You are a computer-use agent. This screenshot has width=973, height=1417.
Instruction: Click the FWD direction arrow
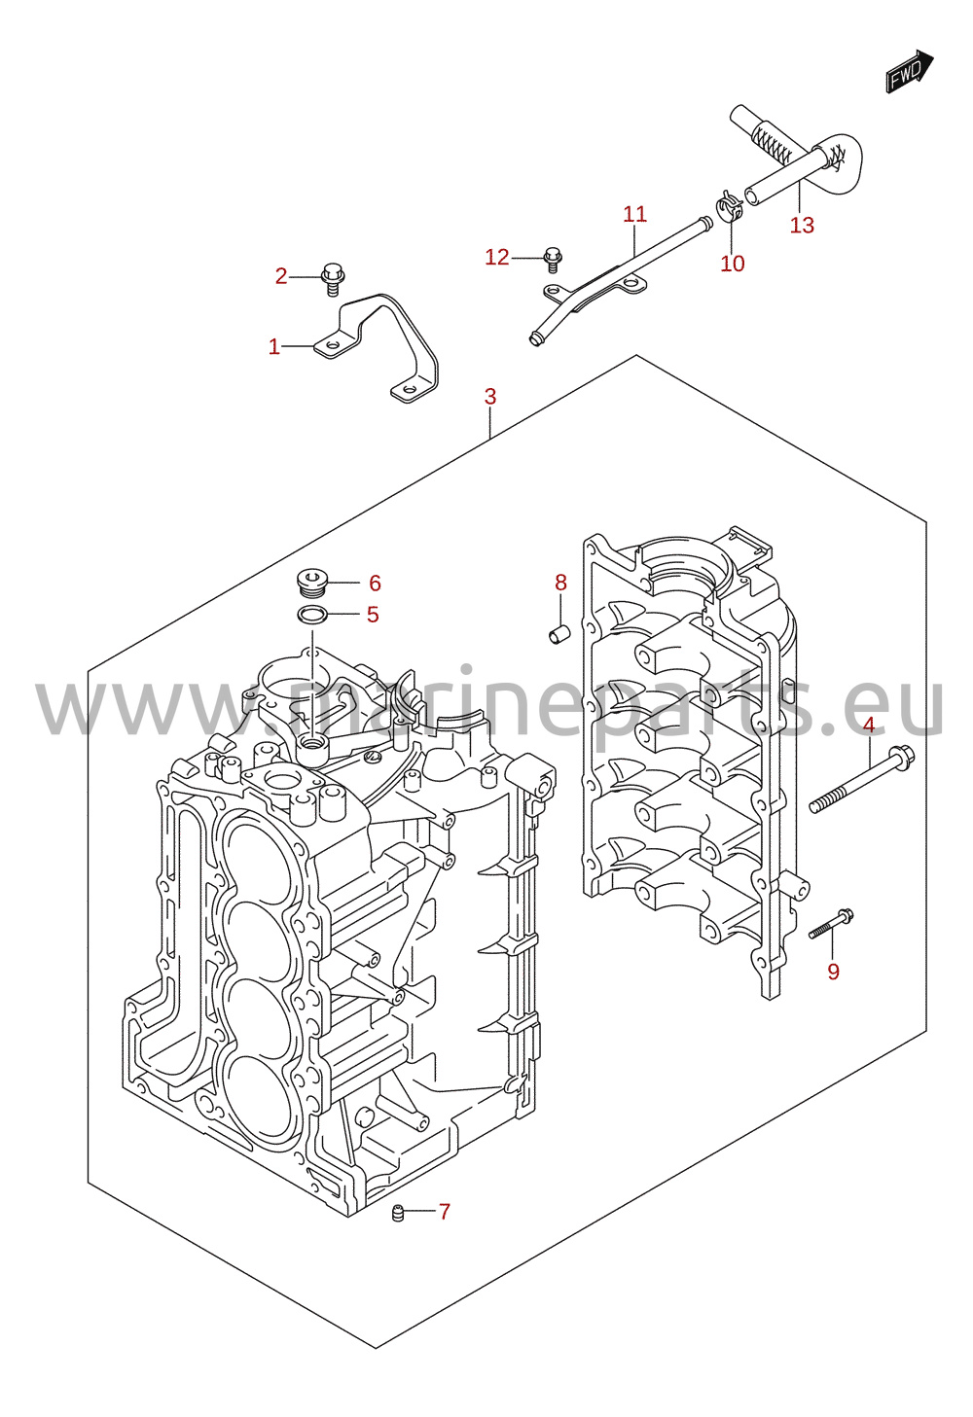(909, 72)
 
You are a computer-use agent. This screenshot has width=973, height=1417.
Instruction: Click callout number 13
(802, 225)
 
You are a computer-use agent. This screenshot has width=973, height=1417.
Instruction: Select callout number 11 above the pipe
(635, 215)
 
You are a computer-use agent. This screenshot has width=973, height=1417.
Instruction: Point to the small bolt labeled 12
(553, 260)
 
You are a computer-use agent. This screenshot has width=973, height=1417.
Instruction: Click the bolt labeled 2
(332, 279)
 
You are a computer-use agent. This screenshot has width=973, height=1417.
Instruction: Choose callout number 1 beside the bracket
(274, 346)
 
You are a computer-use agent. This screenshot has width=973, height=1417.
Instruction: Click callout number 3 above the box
(490, 397)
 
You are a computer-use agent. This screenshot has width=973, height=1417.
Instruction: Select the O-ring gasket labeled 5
(312, 614)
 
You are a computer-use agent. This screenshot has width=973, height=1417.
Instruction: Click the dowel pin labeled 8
(559, 634)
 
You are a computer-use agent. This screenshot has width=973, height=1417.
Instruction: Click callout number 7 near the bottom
(445, 1212)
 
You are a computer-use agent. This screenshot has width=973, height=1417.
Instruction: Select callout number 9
(833, 972)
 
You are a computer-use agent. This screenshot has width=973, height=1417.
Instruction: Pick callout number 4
(869, 725)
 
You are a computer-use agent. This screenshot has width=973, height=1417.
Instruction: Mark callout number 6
(375, 584)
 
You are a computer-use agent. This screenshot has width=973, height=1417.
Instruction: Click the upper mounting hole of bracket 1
(333, 345)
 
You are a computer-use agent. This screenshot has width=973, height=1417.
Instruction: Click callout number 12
(497, 257)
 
